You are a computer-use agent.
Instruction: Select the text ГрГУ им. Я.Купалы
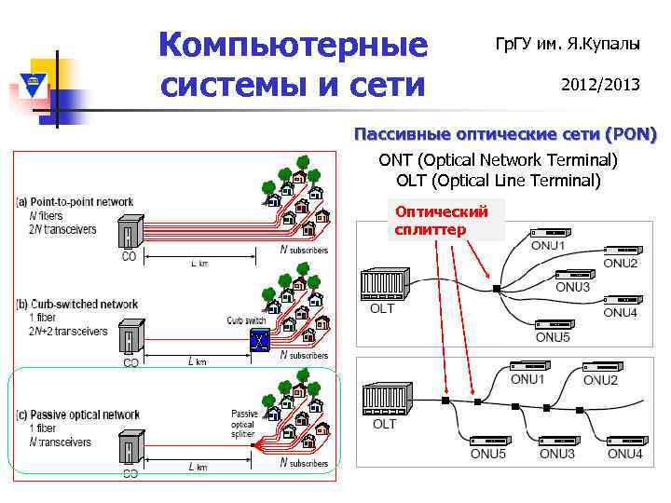pos(567,44)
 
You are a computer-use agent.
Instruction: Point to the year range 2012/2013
pos(600,85)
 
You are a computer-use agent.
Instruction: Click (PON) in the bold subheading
pos(631,135)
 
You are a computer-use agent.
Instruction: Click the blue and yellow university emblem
pos(34,86)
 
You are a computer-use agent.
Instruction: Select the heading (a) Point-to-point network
pos(75,201)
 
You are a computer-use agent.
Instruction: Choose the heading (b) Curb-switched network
pos(77,305)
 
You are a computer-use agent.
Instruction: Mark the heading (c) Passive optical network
pos(78,415)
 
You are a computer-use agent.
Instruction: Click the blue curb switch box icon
pos(258,341)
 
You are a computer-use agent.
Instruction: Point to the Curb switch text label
pos(247,320)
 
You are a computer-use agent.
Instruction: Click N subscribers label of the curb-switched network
pos(304,355)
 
